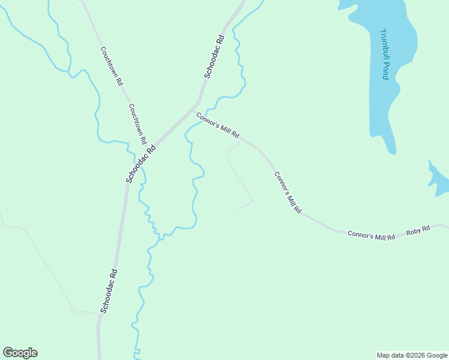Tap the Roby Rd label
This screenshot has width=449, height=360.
click(x=418, y=230)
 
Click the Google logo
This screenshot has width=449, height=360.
click(x=20, y=353)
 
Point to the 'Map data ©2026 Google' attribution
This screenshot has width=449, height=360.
click(x=412, y=355)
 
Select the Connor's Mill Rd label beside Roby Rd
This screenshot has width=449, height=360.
click(x=371, y=235)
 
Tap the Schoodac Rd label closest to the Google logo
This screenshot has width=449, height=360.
click(x=109, y=291)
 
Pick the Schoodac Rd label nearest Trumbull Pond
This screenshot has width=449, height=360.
click(x=214, y=57)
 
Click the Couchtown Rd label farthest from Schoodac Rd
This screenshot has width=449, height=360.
click(x=112, y=66)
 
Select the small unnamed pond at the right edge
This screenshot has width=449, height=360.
click(x=439, y=180)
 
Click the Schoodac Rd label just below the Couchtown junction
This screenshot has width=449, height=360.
click(x=140, y=163)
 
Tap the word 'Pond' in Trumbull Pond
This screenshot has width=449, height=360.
click(x=385, y=71)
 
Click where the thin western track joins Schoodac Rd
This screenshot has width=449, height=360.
click(x=100, y=314)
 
